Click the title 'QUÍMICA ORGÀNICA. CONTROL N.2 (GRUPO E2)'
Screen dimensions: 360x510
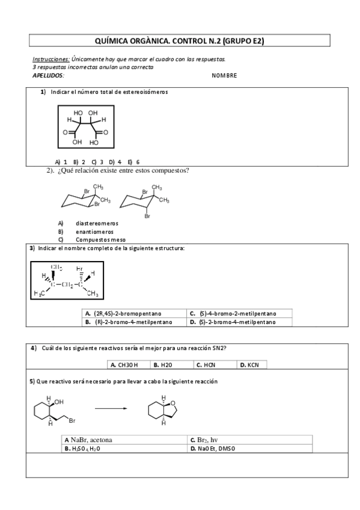click(x=180, y=41)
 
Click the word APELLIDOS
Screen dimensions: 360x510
click(x=47, y=75)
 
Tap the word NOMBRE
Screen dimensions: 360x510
click(x=224, y=75)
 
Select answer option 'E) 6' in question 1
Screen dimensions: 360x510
click(x=134, y=162)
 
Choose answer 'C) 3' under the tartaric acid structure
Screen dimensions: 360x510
click(x=98, y=162)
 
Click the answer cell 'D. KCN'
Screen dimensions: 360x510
click(x=251, y=364)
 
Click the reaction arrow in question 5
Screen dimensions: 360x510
click(x=112, y=409)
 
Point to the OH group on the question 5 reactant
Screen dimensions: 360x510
click(x=59, y=401)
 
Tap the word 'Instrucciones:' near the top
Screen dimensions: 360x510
click(x=50, y=60)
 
